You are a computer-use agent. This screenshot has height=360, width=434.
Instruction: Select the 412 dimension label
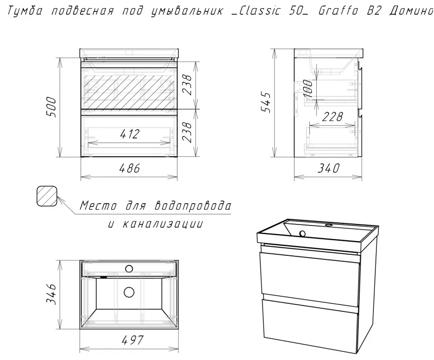tap(130, 134)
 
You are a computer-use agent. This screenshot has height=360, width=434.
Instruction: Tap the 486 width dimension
tap(129, 168)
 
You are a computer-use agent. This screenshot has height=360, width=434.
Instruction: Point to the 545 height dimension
tap(266, 102)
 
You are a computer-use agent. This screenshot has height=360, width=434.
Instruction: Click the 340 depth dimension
tap(328, 168)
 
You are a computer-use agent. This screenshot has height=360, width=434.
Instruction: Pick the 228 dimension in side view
tap(332, 117)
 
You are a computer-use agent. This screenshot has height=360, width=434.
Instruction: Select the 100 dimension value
tap(308, 88)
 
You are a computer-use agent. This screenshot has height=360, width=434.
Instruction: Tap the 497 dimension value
tap(133, 340)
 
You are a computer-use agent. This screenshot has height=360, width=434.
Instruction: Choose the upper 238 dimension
tap(187, 85)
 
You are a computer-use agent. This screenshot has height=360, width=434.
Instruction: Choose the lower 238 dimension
tap(187, 132)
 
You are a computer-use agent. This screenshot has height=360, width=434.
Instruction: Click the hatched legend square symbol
tap(47, 196)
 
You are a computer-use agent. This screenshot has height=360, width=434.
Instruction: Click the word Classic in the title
tap(259, 11)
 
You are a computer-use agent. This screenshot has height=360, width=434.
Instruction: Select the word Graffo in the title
tap(338, 11)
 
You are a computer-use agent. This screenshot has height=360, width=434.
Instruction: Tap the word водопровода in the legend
tap(192, 205)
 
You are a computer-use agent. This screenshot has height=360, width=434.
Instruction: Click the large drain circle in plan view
tap(129, 292)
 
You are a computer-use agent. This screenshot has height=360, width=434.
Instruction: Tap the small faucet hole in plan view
tap(129, 268)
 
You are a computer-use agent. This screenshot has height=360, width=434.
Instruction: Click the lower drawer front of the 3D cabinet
tap(310, 326)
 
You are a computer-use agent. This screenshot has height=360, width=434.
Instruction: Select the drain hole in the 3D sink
tap(302, 234)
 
